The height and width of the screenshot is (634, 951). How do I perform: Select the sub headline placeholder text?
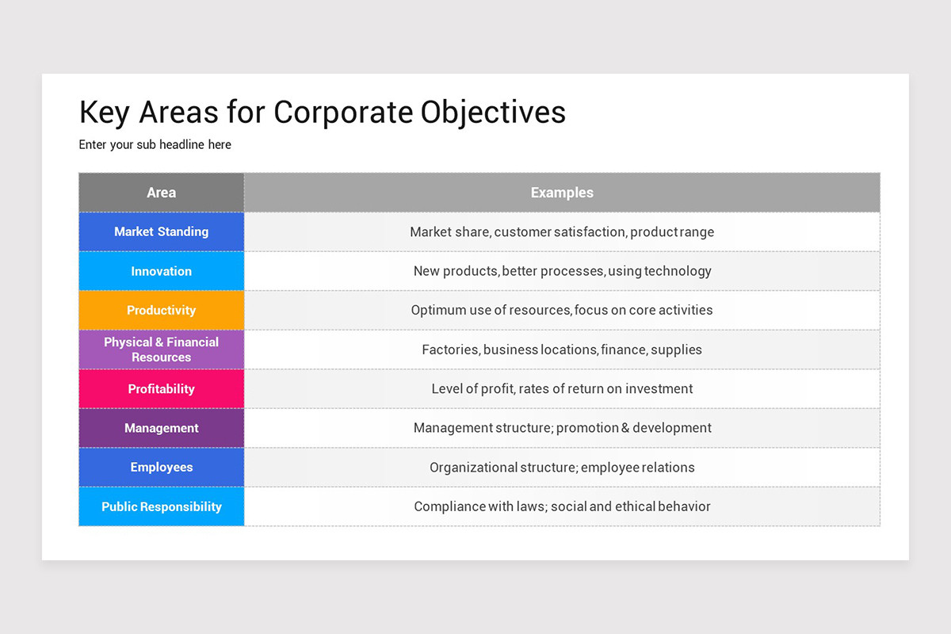pos(155,145)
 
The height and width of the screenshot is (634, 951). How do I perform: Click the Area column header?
pos(162,193)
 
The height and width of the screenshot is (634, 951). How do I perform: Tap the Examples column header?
pos(562,193)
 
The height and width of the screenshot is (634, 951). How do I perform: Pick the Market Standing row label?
pos(162,231)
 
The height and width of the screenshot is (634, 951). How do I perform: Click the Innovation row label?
pos(162,271)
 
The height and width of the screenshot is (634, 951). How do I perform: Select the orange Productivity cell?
pos(162,310)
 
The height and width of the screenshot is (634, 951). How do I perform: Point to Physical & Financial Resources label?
pos(162,349)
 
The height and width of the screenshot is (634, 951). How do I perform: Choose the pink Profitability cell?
pos(162,389)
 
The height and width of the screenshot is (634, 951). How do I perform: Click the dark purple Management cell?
pos(162,428)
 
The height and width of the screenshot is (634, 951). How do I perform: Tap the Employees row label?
pos(162,468)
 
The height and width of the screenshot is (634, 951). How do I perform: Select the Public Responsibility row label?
pos(162,506)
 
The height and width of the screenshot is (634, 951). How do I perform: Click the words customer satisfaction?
pos(560,232)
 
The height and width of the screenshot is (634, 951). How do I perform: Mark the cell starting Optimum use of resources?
pos(562,310)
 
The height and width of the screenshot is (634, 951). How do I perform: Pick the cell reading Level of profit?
pos(562,389)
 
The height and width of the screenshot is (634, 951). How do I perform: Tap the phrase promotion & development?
pos(634,428)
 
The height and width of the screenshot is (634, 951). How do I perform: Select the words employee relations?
pos(638,468)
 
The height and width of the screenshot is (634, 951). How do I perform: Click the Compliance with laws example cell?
pos(562,506)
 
